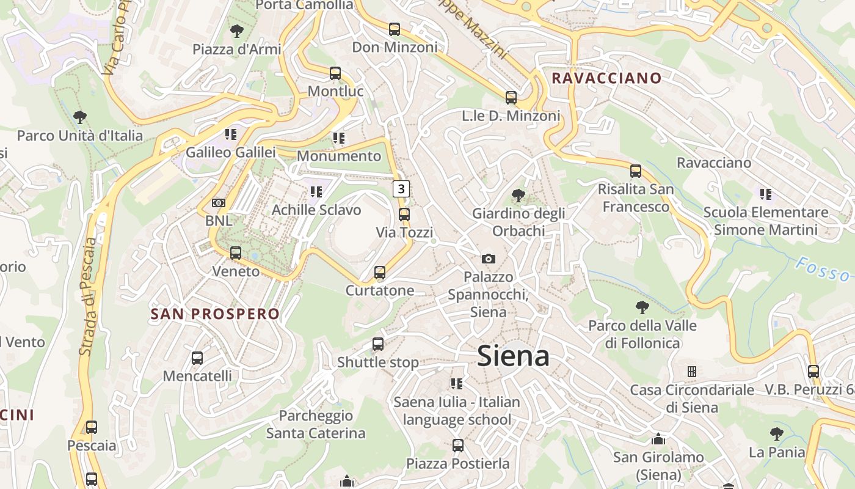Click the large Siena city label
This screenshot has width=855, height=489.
point(513,356)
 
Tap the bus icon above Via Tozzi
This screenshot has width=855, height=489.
point(404,215)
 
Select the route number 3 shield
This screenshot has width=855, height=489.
point(401,188)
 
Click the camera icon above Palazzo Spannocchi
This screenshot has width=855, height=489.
point(488,259)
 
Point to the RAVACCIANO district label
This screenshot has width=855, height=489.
point(606,78)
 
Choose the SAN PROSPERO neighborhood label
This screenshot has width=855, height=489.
point(215,314)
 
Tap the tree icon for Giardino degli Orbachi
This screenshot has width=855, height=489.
point(518,196)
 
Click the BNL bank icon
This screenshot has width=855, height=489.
point(218,202)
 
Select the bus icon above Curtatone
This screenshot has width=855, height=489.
point(380,273)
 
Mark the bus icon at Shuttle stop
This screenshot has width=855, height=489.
point(378,344)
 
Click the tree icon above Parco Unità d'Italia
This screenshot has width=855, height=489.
point(79,117)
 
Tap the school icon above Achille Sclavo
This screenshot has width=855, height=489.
point(316,192)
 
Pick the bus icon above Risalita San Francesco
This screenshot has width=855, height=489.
point(636,171)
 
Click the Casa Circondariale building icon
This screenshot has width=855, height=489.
point(692,372)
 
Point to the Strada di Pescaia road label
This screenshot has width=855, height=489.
point(89,296)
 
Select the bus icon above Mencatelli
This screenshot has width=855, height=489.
point(197,358)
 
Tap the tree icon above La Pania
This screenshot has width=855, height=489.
point(776,434)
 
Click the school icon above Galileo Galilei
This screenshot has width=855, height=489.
point(230,134)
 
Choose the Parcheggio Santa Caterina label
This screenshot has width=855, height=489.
point(316,424)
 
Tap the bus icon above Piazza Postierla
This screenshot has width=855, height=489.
point(457,446)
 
